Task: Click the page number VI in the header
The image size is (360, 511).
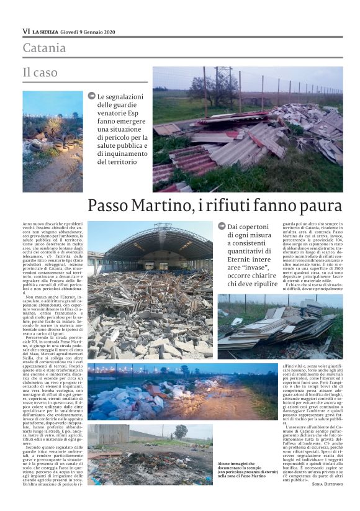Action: [26, 30]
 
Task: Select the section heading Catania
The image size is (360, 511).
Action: [44, 48]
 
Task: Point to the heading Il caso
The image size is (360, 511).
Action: [40, 73]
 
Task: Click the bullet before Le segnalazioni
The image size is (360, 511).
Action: [92, 96]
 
